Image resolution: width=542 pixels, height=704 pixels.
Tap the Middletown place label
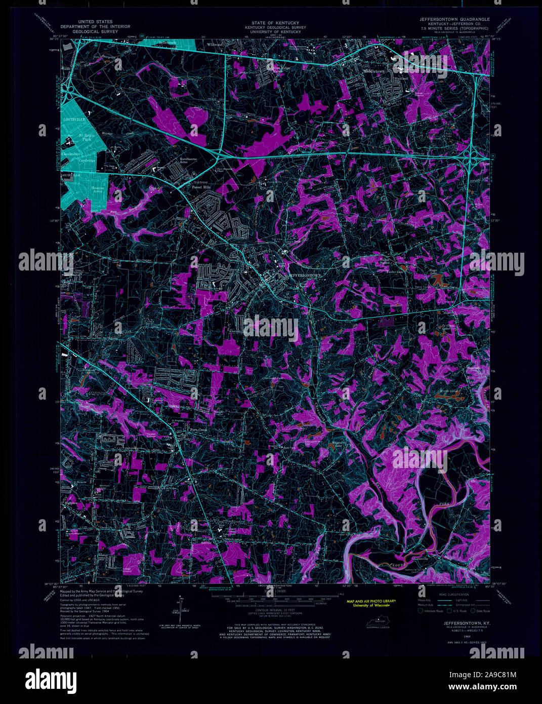pyautogui.click(x=374, y=71)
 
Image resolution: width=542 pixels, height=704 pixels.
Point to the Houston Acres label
pyautogui.click(x=97, y=190)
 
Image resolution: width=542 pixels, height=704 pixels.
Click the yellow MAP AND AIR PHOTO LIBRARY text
pyautogui.click(x=371, y=601)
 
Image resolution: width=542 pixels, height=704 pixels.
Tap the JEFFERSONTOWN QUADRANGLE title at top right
pyautogui.click(x=454, y=19)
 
